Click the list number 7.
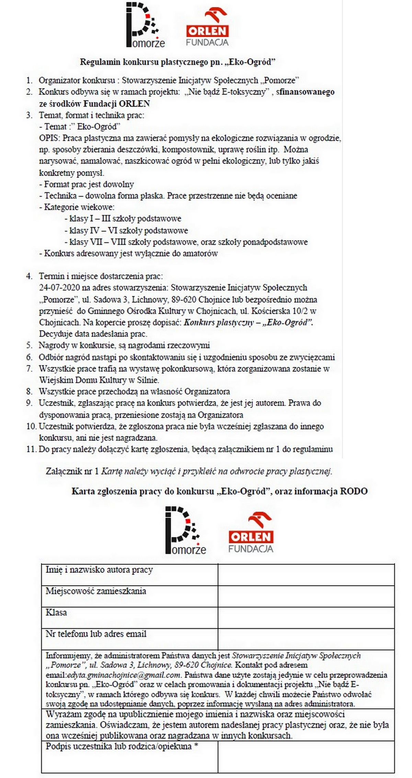30,369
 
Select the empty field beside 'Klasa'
306,617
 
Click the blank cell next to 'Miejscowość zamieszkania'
306,596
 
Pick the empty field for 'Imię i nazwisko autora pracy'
306,575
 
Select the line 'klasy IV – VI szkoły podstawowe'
128,230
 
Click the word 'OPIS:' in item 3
50,138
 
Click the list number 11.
31,449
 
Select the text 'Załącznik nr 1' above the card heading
72,471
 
